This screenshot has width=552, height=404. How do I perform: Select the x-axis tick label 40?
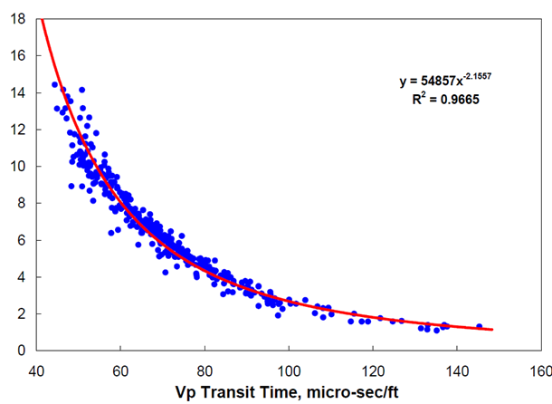click(x=37, y=370)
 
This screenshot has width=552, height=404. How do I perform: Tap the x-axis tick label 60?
click(x=121, y=370)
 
